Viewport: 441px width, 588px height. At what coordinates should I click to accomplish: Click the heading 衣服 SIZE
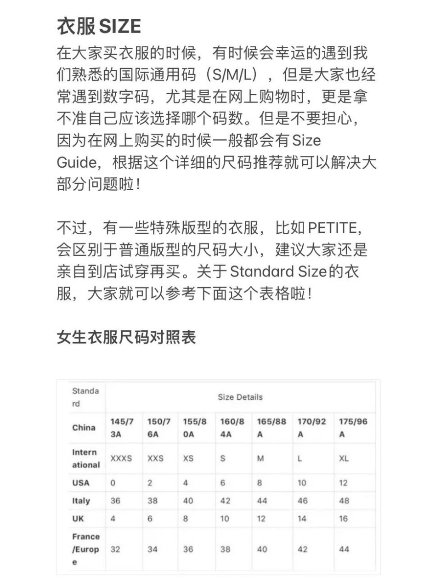tap(99, 26)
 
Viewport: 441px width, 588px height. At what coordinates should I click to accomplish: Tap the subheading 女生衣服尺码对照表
tap(126, 337)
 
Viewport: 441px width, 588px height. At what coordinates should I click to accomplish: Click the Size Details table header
tap(240, 397)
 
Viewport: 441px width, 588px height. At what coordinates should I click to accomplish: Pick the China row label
tap(84, 427)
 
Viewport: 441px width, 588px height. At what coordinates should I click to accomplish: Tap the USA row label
tap(81, 483)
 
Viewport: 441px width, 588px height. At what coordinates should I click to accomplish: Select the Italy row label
tap(81, 501)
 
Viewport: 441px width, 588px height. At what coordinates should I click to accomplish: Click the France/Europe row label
tap(86, 549)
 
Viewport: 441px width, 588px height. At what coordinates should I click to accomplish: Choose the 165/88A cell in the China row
tap(271, 428)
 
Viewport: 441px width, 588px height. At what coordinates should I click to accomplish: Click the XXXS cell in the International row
tap(121, 458)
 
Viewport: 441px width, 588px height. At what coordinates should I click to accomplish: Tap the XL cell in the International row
tap(344, 458)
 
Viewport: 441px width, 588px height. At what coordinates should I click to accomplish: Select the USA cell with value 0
tap(113, 483)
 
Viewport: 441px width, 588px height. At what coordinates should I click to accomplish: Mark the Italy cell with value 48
tap(344, 501)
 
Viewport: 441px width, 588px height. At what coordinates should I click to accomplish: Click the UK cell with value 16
tap(344, 519)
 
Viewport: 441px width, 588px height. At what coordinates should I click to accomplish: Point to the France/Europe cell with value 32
tap(115, 549)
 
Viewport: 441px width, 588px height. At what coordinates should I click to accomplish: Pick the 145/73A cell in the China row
tap(122, 428)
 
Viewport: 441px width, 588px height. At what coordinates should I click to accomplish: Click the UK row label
tap(78, 519)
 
